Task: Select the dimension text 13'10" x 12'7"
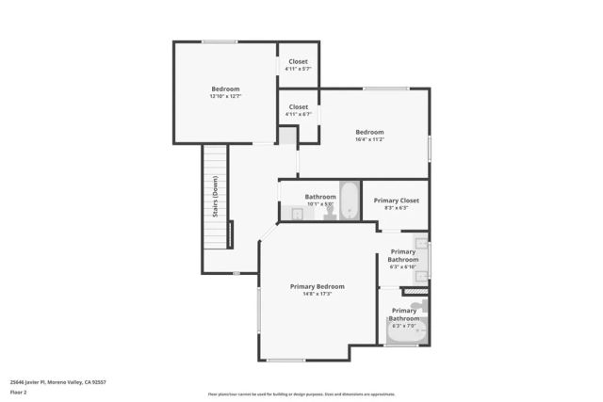225,97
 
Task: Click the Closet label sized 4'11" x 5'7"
298,62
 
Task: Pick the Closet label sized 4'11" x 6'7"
298,107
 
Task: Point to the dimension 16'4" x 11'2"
369,139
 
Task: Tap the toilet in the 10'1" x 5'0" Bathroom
330,214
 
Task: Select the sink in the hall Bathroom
293,214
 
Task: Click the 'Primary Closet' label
396,201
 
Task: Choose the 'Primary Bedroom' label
317,286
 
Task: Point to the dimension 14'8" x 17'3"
317,294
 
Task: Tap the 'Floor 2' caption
18,392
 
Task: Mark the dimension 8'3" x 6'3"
396,208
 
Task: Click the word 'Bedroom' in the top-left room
225,89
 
